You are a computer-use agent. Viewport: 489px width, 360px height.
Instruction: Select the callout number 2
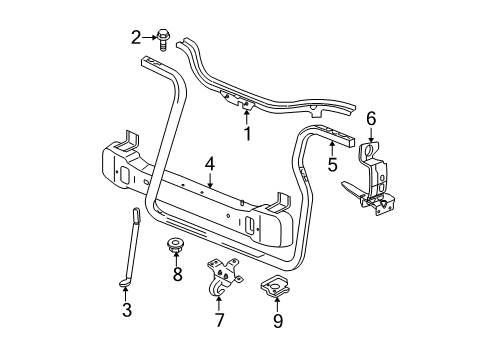[x=136, y=37]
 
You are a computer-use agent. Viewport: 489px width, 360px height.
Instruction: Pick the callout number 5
[x=330, y=163]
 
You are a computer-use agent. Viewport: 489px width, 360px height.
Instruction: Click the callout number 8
[x=178, y=273]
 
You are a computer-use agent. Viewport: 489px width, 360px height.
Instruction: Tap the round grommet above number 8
[x=178, y=246]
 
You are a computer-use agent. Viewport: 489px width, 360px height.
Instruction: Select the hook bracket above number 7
[x=222, y=281]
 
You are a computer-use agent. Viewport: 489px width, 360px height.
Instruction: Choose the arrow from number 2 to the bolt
[x=150, y=38]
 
